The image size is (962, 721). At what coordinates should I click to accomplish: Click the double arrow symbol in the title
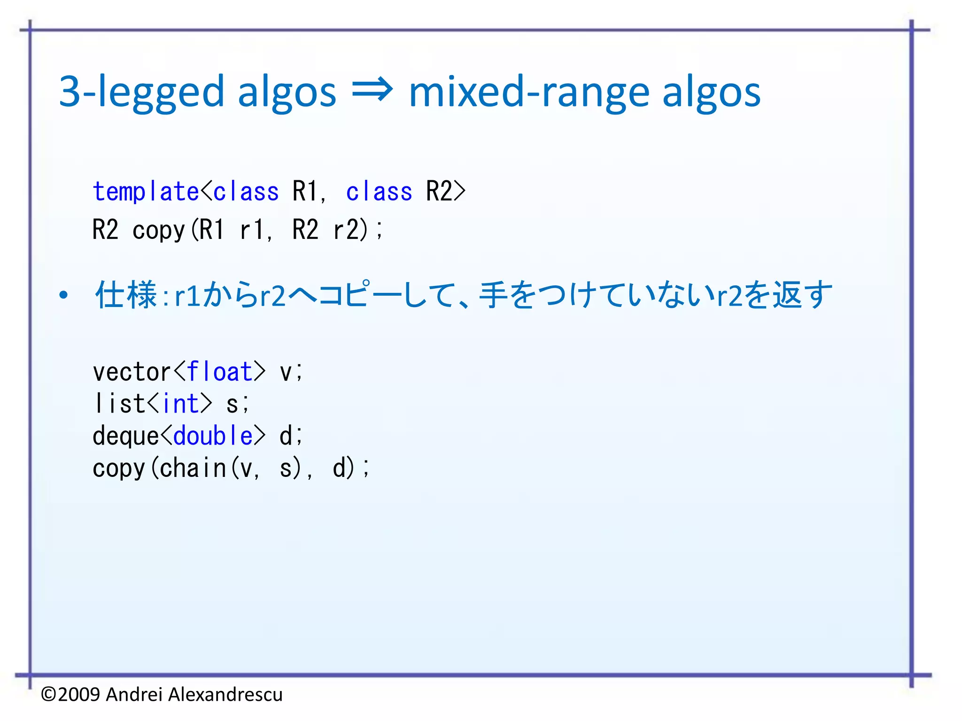tap(372, 91)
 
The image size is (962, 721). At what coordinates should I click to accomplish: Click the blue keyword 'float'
tap(219, 372)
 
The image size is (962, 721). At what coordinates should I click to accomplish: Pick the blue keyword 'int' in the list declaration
tap(181, 404)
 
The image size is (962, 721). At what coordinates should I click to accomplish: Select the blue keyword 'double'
tap(213, 436)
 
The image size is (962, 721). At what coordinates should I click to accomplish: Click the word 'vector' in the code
tap(132, 372)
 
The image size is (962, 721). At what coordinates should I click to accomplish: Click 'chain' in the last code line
tap(193, 468)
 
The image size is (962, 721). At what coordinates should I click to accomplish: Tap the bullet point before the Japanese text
tap(63, 295)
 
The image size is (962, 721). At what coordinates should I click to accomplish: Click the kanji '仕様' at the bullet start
tap(126, 295)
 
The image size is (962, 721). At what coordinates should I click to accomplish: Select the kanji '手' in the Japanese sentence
tap(493, 295)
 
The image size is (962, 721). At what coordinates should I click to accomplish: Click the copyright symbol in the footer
tap(49, 694)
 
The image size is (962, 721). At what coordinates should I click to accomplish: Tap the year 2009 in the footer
tap(79, 694)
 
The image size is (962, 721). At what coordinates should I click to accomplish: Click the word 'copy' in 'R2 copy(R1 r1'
tap(159, 230)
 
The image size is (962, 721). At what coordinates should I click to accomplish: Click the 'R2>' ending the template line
tap(445, 192)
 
